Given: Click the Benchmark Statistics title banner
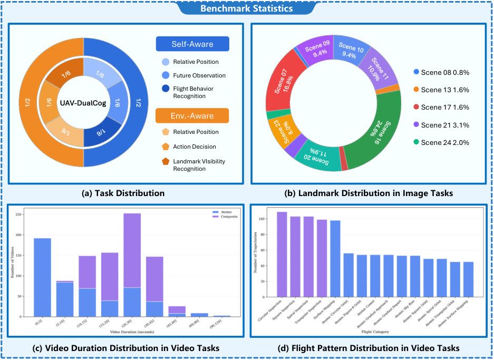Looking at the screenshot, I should click(x=247, y=8).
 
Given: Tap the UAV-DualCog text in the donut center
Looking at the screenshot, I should click(x=83, y=103).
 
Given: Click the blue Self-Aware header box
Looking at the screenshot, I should click(x=192, y=44).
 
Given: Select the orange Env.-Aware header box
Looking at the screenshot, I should click(x=192, y=115).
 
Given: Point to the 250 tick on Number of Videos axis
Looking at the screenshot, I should click(x=20, y=215).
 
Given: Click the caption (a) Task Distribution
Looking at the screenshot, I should click(x=123, y=193).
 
